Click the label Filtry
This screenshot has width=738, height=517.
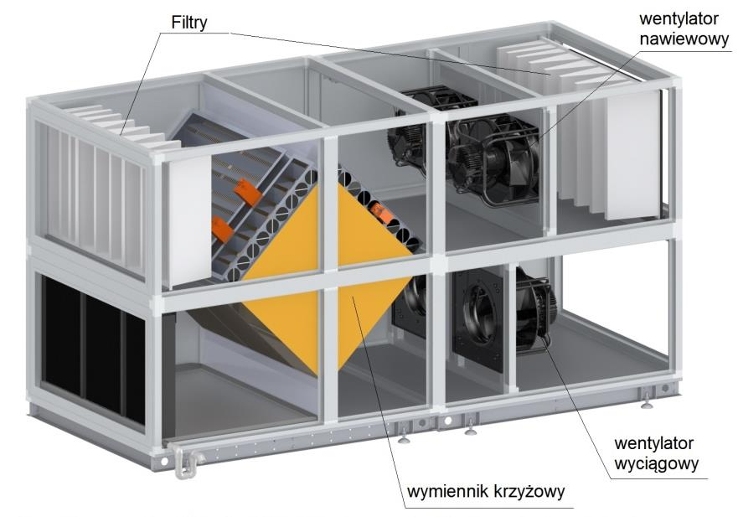[x=188, y=22]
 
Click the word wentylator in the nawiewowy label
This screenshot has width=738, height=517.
[x=679, y=18]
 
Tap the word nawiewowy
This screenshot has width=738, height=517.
[x=684, y=39]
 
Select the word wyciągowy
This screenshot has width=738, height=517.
[x=657, y=464]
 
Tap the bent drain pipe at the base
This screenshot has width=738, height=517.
[x=186, y=462]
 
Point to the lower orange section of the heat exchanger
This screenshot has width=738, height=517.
[x=325, y=326]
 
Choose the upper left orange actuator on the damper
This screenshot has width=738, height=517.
[x=248, y=191]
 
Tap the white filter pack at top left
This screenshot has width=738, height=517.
[x=121, y=127]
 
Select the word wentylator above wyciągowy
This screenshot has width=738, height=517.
[x=653, y=443]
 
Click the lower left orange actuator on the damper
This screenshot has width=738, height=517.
[x=222, y=229]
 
